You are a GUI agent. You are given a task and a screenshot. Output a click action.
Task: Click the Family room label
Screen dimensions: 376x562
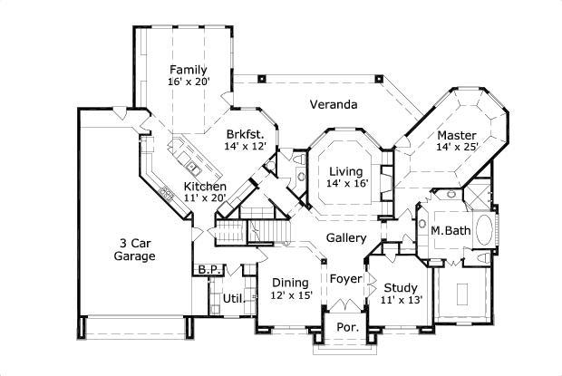189,70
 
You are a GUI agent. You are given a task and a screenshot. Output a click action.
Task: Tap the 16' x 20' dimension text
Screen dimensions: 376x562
189,82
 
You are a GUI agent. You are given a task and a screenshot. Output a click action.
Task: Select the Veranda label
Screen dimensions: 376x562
333,104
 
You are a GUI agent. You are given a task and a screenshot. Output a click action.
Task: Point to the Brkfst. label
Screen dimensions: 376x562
244,133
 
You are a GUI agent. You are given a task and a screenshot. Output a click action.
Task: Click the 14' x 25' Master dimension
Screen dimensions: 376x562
457,146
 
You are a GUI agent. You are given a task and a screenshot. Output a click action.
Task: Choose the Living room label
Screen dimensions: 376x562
345,171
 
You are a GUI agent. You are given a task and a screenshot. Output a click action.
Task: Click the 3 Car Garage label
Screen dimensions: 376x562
134,249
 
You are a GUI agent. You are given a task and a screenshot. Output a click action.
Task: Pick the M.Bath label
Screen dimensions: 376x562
450,230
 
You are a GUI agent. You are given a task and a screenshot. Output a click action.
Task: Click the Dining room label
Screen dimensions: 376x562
290,282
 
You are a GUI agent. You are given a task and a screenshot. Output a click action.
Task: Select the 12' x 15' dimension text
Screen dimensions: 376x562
290,295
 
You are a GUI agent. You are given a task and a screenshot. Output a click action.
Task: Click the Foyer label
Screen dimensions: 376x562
345,278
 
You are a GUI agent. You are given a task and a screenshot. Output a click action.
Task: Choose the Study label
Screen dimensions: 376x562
402,286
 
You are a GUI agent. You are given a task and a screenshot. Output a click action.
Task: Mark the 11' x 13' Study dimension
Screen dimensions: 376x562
402,300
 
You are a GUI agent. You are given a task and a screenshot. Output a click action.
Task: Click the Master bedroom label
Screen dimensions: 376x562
457,134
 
